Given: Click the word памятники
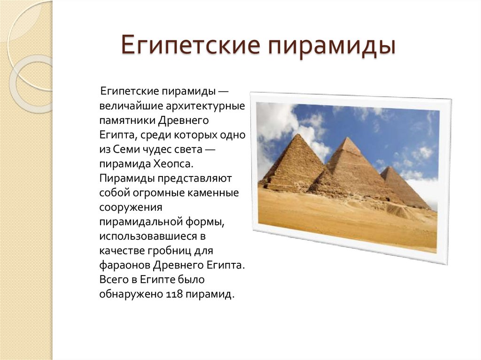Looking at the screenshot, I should click(127, 121).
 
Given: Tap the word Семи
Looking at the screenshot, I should click(126, 150).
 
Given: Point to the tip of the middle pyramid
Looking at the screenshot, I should click(348, 138).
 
